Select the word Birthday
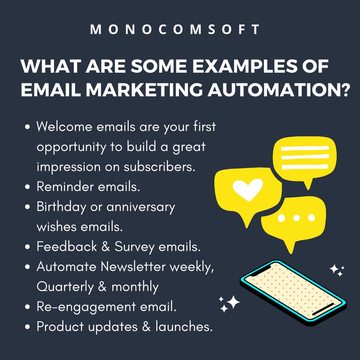(x=61, y=207)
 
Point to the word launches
(x=184, y=327)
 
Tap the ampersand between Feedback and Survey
(x=106, y=247)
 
